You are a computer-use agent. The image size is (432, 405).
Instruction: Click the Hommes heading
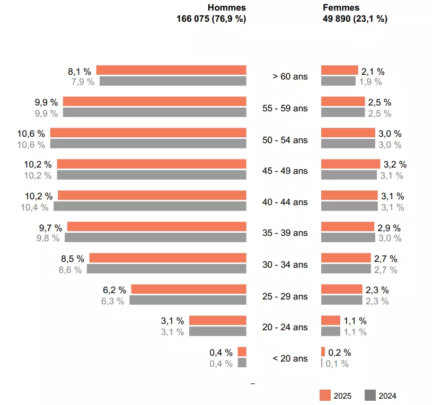pos(226,7)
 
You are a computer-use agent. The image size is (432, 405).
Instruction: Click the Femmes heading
pos(341,7)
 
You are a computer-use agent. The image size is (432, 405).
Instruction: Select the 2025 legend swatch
pos(325,395)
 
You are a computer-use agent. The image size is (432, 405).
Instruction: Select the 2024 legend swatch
pos(371,395)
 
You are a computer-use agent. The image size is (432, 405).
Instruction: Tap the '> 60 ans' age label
pos(289,76)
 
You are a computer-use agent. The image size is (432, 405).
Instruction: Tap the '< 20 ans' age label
pos(289,358)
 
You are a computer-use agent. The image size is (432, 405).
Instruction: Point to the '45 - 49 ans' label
pos(285,171)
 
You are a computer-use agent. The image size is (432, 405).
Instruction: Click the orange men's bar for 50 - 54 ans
pos(148,133)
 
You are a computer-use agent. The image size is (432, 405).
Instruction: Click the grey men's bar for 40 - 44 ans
pos(150,206)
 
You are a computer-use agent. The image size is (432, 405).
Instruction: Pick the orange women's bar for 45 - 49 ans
pos(350,164)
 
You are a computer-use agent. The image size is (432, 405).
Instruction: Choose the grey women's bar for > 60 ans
pos(338,81)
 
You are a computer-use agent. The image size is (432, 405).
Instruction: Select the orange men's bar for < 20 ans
pos(242,351)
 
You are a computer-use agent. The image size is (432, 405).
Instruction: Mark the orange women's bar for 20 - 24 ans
pos(330,320)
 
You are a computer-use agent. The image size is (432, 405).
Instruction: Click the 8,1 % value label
pos(80,71)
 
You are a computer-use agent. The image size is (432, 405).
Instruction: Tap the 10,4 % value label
pos(34,207)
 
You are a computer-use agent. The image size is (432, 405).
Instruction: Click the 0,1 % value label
pos(337,364)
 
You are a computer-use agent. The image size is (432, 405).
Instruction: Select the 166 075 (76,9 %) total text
pos(211,19)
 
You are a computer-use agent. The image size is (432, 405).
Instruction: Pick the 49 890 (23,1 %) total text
pos(355,19)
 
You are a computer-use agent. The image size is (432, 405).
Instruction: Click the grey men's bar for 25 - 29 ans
pos(188,300)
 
